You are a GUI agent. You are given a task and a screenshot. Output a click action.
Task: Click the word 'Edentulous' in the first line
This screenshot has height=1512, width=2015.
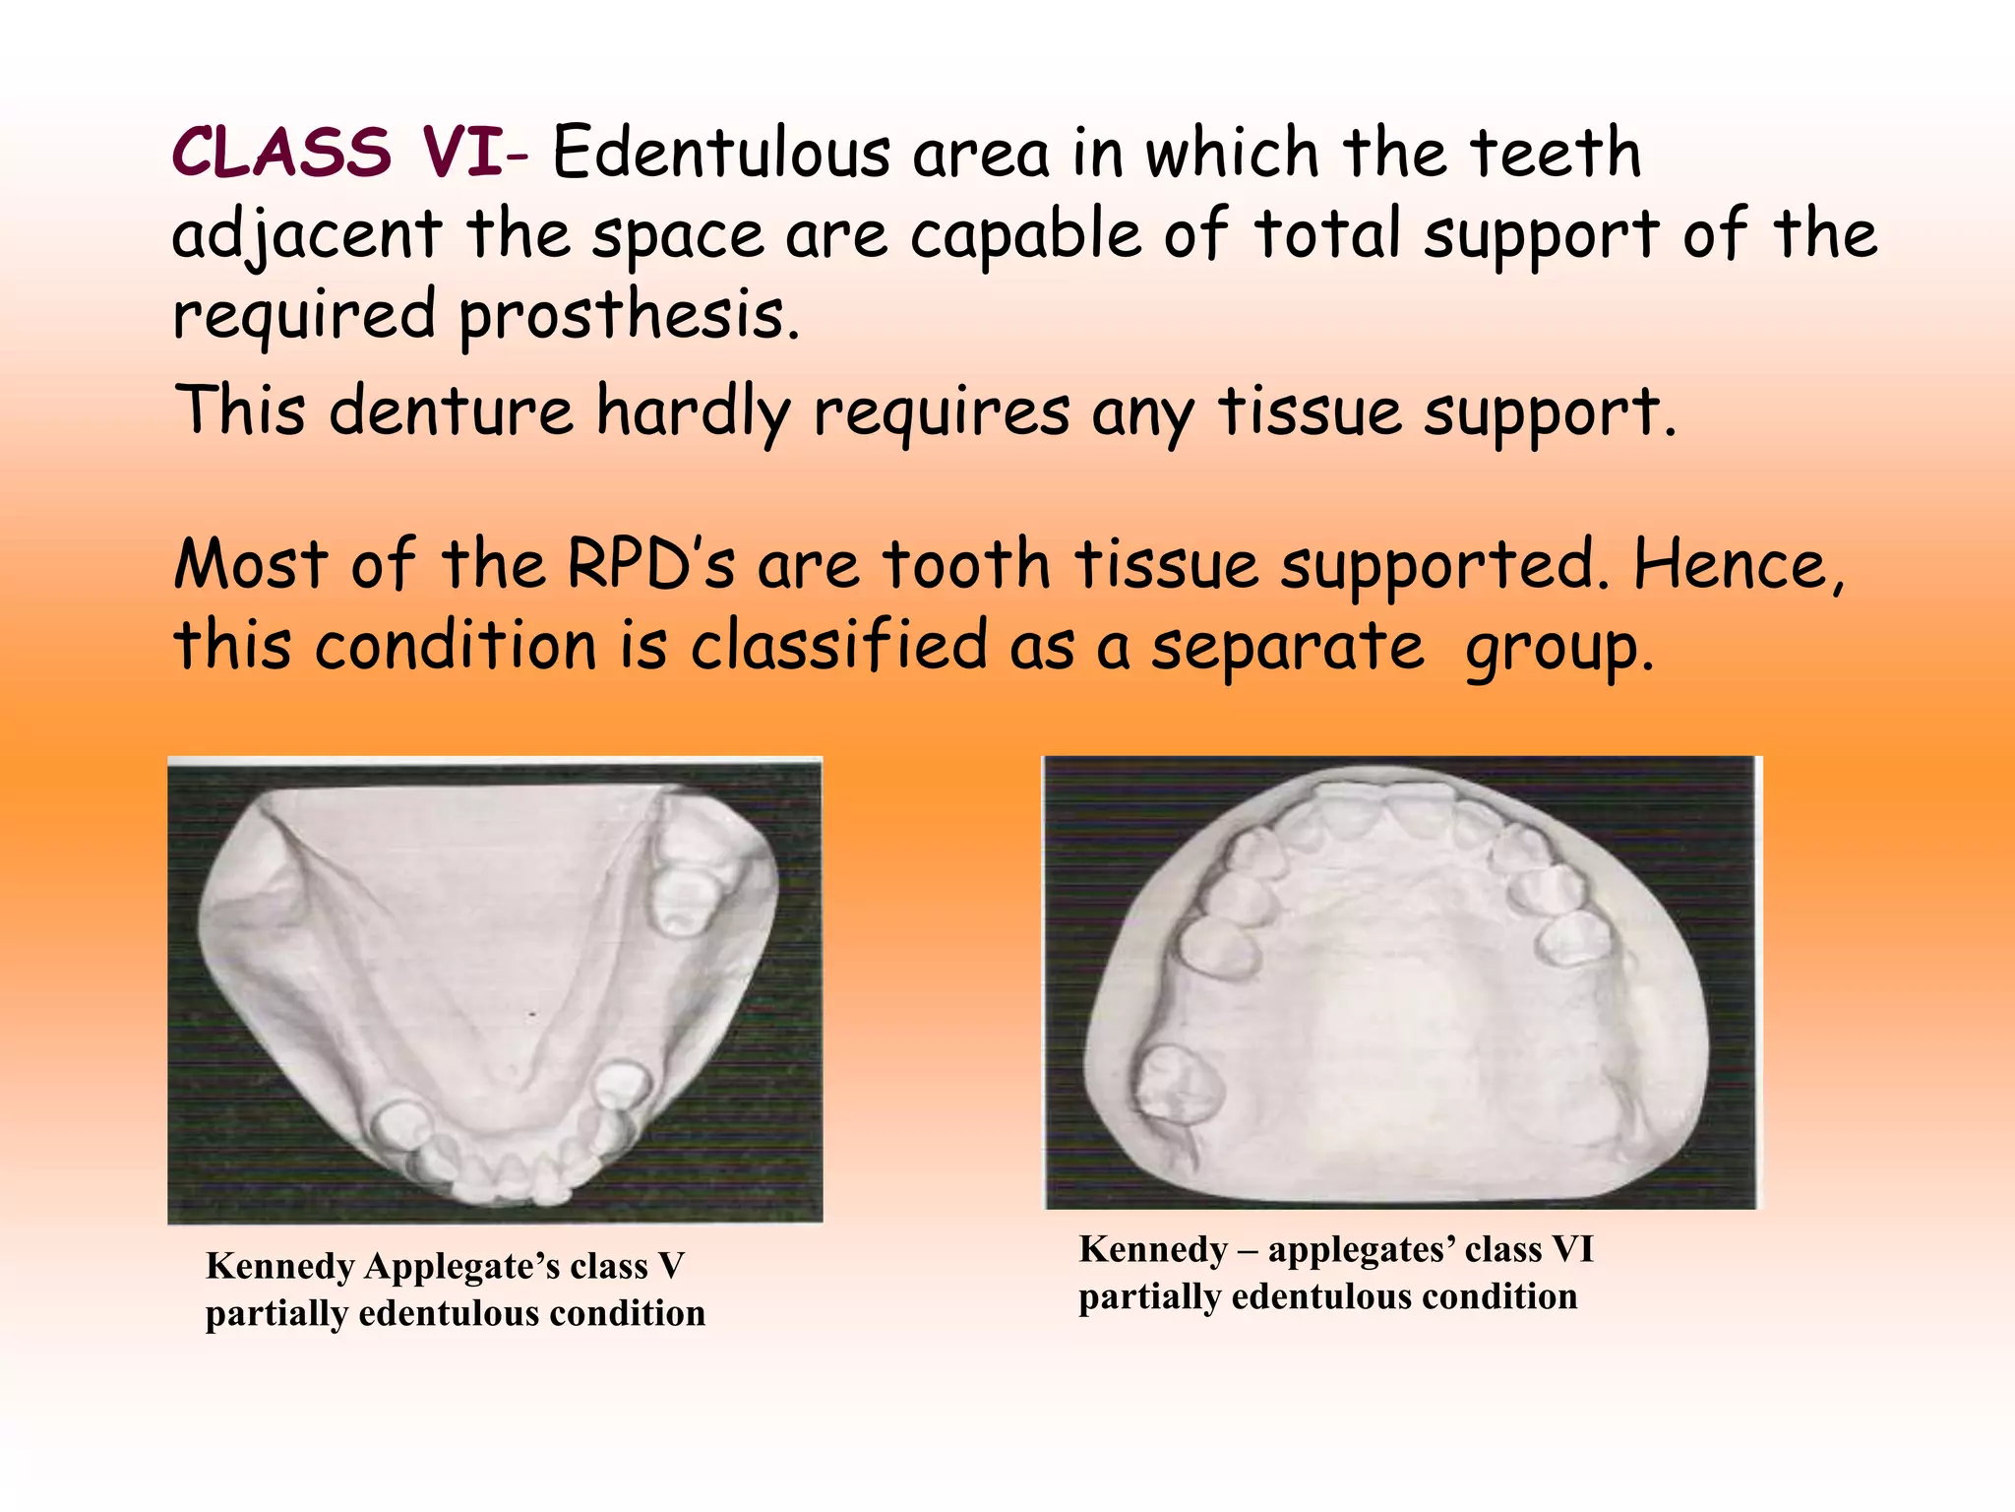coord(721,155)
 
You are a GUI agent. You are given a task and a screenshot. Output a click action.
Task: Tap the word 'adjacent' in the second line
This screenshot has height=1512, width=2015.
coord(306,237)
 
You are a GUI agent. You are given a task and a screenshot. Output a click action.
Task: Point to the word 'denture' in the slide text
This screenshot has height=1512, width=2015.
coord(451,411)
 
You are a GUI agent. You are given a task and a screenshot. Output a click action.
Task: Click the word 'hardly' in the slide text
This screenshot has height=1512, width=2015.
coord(694,411)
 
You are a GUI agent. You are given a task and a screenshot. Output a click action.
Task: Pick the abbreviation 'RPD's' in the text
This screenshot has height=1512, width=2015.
coord(650,566)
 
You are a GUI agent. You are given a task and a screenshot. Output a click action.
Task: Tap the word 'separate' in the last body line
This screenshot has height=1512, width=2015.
coord(1287,647)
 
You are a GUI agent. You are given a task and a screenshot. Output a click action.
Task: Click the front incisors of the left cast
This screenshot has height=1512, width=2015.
coord(512,1176)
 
